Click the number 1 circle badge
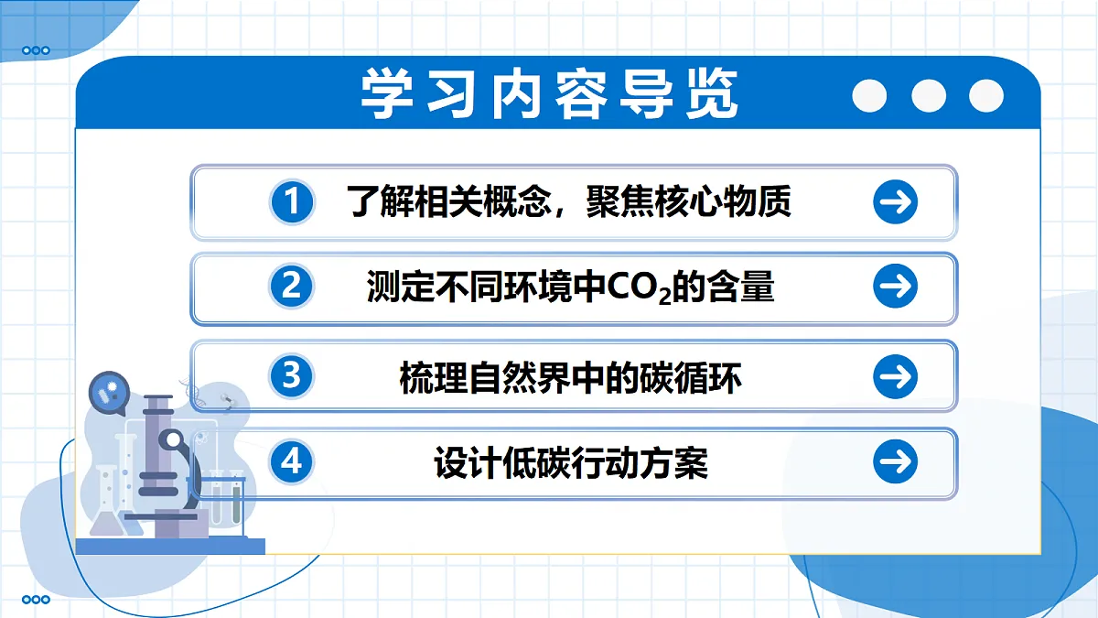click(292, 202)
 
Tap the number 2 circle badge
click(291, 287)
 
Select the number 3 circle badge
click(292, 376)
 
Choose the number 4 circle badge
click(291, 462)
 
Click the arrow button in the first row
click(895, 202)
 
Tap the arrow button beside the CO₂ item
click(895, 287)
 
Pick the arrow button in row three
click(895, 376)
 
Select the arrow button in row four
click(895, 462)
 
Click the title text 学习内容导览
click(549, 93)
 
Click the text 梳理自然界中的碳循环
click(570, 377)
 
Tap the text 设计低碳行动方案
click(571, 463)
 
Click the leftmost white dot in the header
click(869, 95)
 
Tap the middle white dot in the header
click(928, 95)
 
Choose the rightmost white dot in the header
click(986, 95)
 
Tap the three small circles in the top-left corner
click(36, 50)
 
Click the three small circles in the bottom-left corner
click(36, 600)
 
